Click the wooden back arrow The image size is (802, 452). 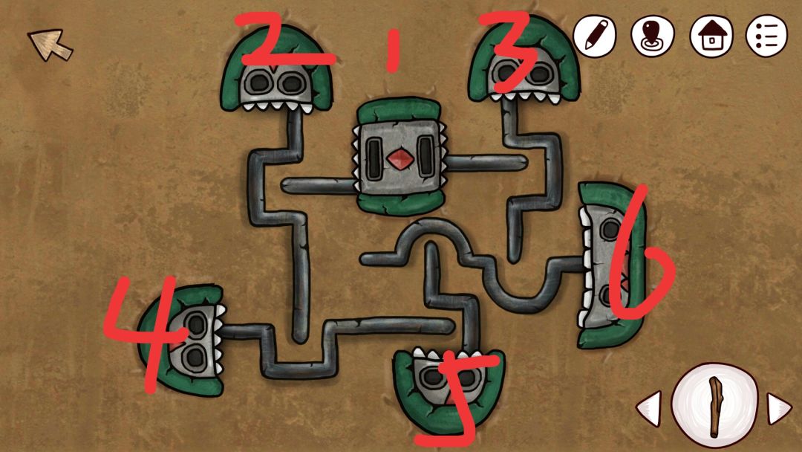50,45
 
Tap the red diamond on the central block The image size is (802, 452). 400,158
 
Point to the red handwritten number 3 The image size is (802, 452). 509,51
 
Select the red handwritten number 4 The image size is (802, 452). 146,333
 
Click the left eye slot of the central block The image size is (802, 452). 374,158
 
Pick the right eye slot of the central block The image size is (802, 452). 425,157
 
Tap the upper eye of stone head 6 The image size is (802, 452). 610,229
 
